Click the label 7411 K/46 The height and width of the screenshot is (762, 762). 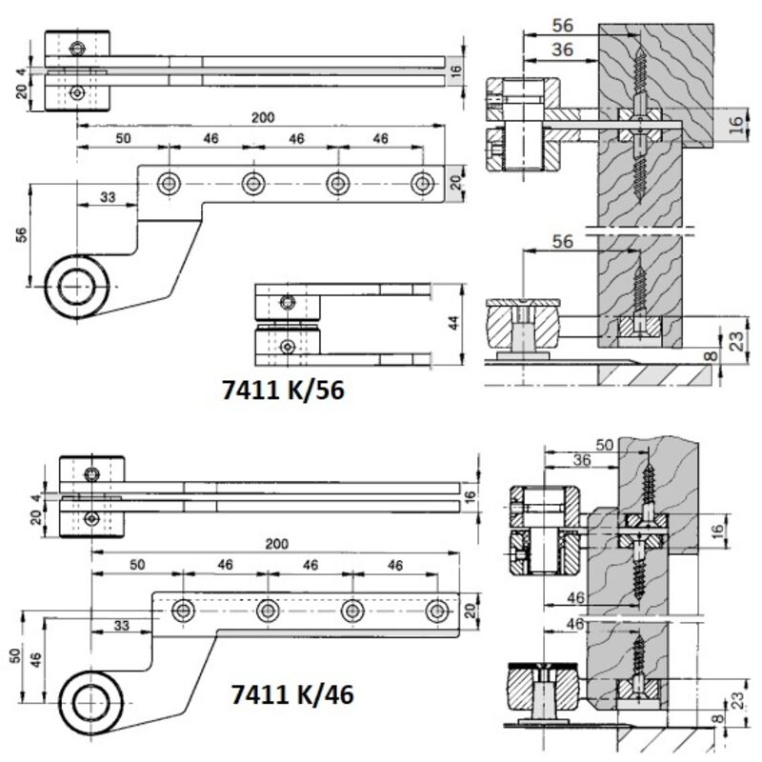pyautogui.click(x=292, y=695)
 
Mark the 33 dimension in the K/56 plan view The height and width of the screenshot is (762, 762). pyautogui.click(x=107, y=197)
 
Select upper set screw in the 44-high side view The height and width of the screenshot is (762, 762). pyautogui.click(x=289, y=303)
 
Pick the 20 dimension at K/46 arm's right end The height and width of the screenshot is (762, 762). pyautogui.click(x=468, y=611)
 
